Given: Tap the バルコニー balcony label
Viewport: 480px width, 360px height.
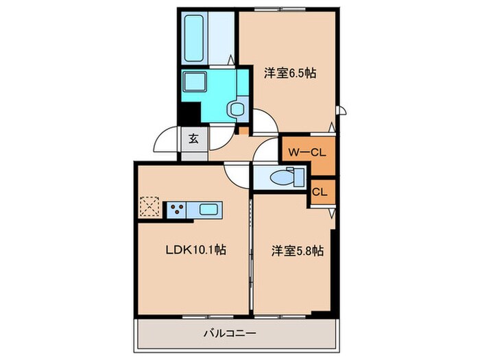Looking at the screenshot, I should click(229, 335).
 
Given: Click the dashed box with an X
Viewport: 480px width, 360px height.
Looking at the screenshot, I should click(149, 207).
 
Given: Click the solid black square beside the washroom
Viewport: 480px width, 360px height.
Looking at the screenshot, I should click(189, 112).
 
